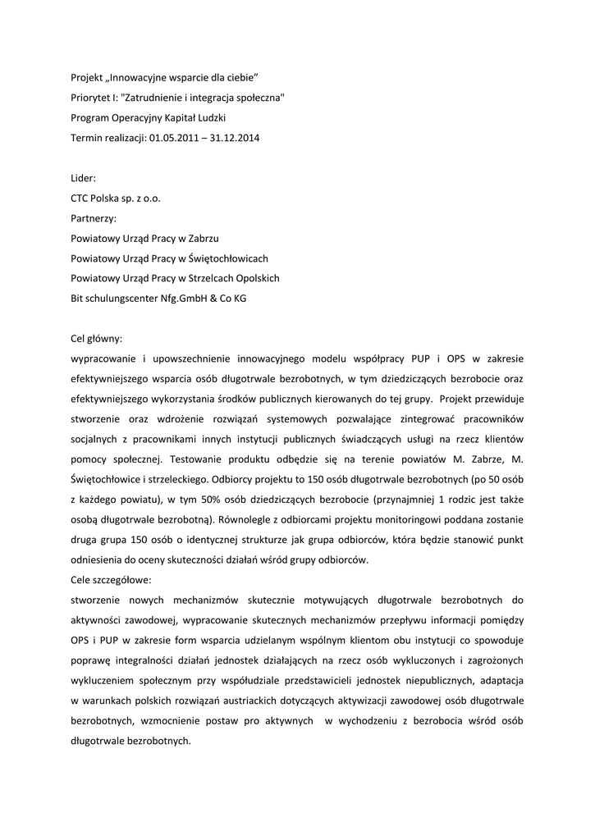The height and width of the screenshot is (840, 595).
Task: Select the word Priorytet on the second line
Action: point(92,98)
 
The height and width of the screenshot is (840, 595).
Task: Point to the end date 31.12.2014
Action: point(236,138)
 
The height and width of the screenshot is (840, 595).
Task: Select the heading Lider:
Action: point(84,178)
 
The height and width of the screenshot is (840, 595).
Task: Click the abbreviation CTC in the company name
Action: point(81,199)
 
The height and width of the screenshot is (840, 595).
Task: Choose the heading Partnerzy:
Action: point(94,218)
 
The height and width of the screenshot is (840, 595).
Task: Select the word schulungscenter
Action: point(120,299)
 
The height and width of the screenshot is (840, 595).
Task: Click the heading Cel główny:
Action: point(98,338)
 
